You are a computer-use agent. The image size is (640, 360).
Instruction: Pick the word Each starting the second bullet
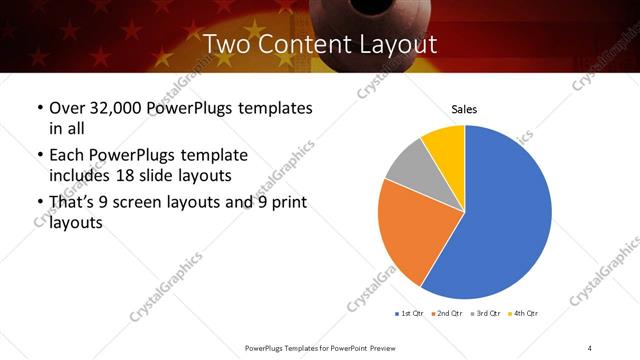pos(68,156)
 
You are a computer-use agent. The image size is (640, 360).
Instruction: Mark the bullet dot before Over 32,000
pos(39,108)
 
